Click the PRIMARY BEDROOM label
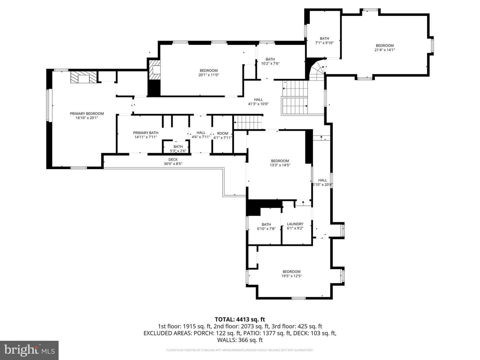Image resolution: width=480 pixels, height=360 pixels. (x=87, y=113)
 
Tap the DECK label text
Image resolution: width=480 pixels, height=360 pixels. (x=173, y=160)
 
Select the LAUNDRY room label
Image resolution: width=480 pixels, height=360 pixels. (x=295, y=224)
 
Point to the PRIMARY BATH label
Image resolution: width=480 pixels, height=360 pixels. (x=145, y=133)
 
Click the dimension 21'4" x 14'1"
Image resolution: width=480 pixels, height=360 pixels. (x=384, y=50)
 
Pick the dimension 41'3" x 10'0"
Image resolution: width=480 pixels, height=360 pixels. (x=258, y=104)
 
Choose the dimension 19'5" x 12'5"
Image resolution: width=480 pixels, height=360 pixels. (x=291, y=276)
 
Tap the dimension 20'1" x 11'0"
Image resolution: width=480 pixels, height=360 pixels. (x=208, y=75)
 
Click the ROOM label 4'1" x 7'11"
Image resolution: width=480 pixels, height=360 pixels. (x=222, y=133)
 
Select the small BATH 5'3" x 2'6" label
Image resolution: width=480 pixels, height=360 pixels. (x=178, y=146)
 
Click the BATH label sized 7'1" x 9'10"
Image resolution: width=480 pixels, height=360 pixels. (x=324, y=38)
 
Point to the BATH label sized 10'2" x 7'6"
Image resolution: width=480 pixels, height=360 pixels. (x=270, y=59)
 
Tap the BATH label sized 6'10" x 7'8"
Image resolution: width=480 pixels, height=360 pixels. (x=266, y=224)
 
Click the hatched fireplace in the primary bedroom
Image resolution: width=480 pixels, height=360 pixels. (x=83, y=77)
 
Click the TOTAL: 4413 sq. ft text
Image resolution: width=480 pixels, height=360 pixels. (x=240, y=319)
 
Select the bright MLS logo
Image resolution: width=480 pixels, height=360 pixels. (x=29, y=350)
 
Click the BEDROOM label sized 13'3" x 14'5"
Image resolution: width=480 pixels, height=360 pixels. (x=280, y=161)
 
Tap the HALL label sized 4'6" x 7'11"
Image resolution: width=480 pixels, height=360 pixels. (x=201, y=133)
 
